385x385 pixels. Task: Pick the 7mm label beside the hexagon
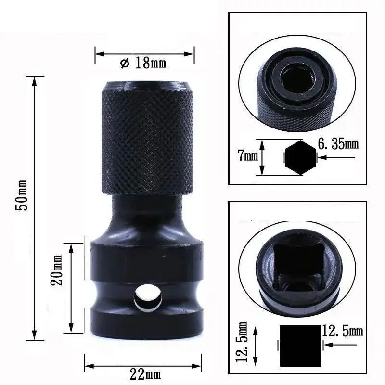pyautogui.click(x=247, y=155)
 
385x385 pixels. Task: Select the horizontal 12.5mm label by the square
pyautogui.click(x=342, y=332)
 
